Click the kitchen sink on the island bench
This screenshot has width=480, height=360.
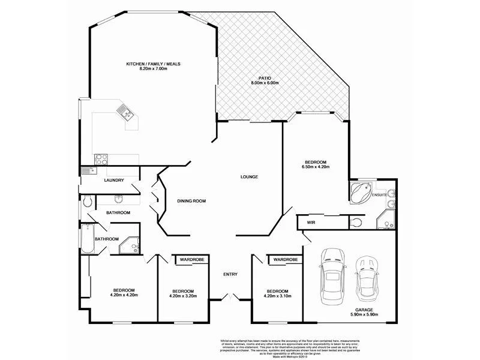tap(126, 112)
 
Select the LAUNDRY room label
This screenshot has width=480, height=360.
tap(114, 180)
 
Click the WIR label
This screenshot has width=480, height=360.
tap(311, 223)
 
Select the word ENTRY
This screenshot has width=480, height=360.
tap(230, 274)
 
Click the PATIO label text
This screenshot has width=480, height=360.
tap(265, 78)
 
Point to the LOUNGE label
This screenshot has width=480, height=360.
tap(249, 177)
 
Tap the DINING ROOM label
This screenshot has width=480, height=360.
tap(191, 201)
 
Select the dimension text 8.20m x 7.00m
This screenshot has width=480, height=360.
tap(153, 69)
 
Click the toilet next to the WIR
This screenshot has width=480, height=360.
tap(356, 223)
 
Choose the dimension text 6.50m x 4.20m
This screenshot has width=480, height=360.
tap(316, 167)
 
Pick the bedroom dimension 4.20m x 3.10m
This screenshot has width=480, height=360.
tap(281, 295)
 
